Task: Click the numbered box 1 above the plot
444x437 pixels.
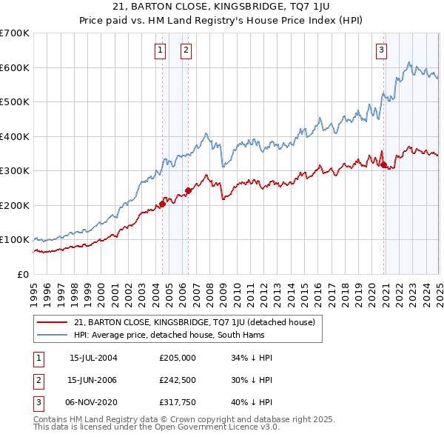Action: pos(161,50)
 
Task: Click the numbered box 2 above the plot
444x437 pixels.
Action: pos(185,50)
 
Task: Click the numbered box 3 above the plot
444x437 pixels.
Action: pos(381,50)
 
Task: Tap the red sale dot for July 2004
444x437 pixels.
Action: pos(162,204)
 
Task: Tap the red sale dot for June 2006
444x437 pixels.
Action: pos(188,190)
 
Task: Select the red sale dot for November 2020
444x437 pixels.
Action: pos(383,164)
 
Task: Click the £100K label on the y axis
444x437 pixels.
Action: pos(14,240)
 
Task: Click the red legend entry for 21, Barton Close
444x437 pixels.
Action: pos(195,322)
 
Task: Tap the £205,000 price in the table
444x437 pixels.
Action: pos(177,358)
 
